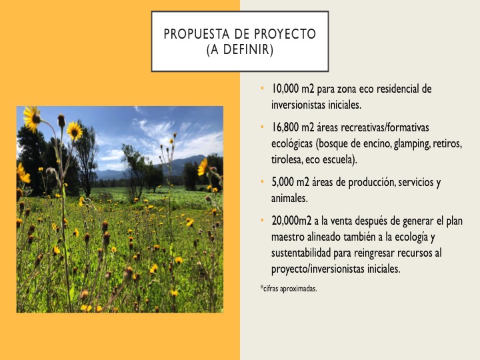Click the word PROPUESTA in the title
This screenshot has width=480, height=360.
[197, 34]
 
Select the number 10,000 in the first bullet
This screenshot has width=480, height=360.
[285, 89]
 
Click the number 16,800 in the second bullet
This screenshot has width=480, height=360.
[285, 127]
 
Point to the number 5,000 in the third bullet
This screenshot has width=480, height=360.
[283, 182]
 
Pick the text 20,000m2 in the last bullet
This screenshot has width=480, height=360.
[291, 221]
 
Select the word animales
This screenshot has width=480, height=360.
[289, 199]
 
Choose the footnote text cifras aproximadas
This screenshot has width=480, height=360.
[290, 289]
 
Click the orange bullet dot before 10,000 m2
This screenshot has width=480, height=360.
[262, 89]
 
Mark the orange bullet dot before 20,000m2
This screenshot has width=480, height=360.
[262, 221]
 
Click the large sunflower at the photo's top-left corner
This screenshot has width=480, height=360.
[32, 119]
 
